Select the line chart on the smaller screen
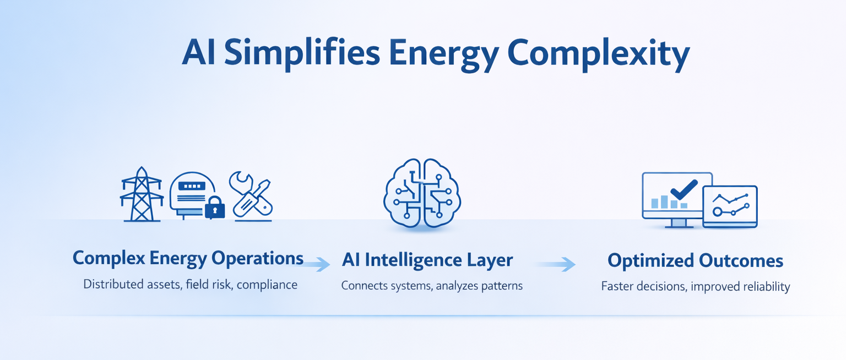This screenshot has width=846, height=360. pos(730,204)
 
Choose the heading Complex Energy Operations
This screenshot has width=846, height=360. pos(188,258)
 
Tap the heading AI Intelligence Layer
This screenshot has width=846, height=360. pos(427,260)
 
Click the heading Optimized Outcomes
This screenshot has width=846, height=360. pos(695,260)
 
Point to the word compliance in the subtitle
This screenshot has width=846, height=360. pos(268,285)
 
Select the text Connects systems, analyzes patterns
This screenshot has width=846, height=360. pos(431,286)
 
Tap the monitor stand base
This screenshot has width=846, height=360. pos(678,225)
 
